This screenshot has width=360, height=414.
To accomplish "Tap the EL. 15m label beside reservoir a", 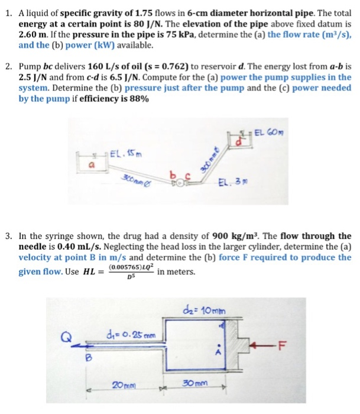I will click(x=124, y=156).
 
